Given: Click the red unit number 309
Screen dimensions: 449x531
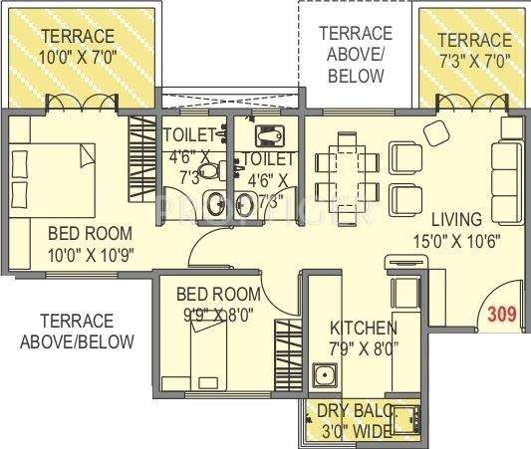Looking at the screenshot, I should click(503, 315).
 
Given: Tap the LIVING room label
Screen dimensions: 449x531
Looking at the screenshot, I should click(456, 218).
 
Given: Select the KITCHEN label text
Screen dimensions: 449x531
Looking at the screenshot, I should click(364, 328).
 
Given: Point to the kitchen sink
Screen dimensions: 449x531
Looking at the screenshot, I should click(324, 378).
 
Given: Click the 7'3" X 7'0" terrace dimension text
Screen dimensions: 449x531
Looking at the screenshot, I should click(474, 58).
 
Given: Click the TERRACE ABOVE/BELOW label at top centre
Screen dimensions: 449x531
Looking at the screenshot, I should click(356, 54).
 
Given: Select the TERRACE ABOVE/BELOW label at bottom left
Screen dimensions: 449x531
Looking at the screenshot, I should click(76, 332).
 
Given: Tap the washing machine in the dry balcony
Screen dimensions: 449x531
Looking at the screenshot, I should click(404, 418).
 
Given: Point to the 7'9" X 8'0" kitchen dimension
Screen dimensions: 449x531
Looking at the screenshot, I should click(364, 348).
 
